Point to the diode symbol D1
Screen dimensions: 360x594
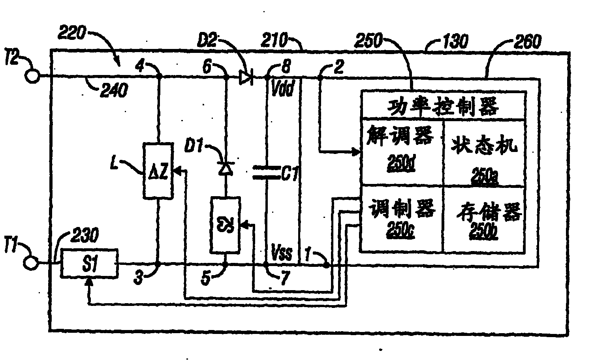coord(225,169)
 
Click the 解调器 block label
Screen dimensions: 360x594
coord(400,135)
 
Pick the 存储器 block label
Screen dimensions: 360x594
coord(489,213)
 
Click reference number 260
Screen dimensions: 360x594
coord(527,41)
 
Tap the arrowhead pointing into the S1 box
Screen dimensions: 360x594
coord(89,281)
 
